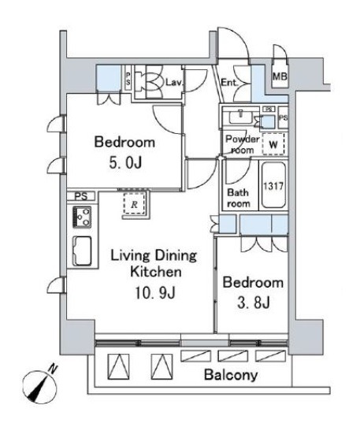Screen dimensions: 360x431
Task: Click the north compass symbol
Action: (40, 387)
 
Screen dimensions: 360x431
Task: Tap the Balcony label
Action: (231, 375)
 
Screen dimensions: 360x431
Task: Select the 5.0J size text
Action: (125, 163)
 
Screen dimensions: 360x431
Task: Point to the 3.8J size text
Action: (254, 303)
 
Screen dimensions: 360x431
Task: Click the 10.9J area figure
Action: (155, 292)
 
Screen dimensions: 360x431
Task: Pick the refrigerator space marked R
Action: (134, 203)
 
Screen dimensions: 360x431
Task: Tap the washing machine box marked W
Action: (273, 144)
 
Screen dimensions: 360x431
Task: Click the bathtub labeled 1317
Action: (273, 185)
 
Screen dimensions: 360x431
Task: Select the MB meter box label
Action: (280, 76)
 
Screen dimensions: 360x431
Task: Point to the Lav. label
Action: (174, 82)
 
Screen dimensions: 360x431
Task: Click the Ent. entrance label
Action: (229, 82)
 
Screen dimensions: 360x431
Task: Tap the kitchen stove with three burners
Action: (82, 217)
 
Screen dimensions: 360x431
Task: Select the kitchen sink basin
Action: (82, 251)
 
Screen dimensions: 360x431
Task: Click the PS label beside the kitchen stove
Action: (81, 196)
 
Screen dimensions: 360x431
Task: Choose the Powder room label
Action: (243, 144)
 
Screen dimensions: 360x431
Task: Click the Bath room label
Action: (239, 198)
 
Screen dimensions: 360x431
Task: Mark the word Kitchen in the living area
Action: (156, 272)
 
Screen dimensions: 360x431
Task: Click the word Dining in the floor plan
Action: (174, 256)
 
